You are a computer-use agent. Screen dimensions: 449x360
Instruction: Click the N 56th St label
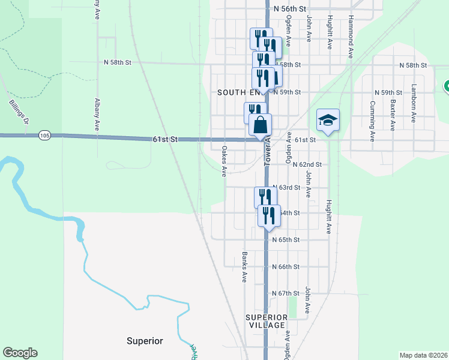coord(289,10)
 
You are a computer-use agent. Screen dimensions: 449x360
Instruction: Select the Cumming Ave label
coord(372,121)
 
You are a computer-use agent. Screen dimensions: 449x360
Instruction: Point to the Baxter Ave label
coord(393,115)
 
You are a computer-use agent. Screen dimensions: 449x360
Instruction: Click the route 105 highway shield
coord(44,136)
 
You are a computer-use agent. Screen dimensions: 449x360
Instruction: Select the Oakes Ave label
coord(224,161)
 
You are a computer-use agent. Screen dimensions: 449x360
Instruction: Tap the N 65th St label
coord(285,239)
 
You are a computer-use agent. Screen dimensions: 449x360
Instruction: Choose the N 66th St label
coord(285,266)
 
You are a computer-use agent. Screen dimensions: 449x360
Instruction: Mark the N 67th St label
coord(285,293)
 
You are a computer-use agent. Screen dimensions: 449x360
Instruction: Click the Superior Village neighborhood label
coord(265,320)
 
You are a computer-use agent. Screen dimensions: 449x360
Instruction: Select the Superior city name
coord(145,341)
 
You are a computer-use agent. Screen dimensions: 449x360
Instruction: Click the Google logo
coord(20,353)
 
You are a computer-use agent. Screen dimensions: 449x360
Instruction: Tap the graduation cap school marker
coord(328,121)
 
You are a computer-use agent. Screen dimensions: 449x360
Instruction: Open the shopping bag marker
coord(261,125)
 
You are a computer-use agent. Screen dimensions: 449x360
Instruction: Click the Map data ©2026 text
coord(423,355)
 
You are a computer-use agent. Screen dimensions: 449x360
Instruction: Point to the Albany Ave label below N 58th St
coord(97,115)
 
